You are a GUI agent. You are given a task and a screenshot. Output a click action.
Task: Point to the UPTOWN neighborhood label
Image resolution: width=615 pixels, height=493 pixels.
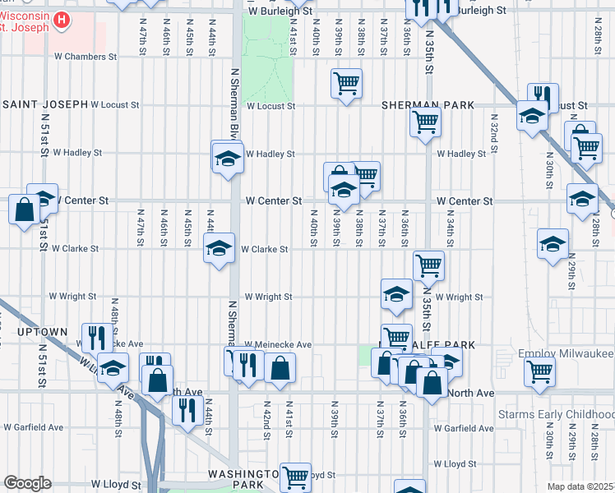(x=40, y=332)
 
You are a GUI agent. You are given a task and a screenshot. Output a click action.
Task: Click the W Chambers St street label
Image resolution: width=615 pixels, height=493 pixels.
(x=86, y=57)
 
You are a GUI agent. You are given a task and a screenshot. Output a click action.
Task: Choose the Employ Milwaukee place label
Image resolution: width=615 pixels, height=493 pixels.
(x=566, y=352)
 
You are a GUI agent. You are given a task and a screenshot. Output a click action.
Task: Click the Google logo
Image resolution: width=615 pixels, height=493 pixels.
(x=26, y=483)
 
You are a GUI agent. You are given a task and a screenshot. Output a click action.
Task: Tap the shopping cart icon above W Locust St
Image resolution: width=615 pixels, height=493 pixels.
(x=346, y=83)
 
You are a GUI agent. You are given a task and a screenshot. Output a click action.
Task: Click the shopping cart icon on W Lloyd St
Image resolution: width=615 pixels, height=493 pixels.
(x=295, y=475)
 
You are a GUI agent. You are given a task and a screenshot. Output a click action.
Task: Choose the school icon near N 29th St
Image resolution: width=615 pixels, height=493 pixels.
(x=553, y=243)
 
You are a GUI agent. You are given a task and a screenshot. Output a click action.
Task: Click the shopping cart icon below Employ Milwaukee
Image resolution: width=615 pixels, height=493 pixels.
(x=539, y=371)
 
